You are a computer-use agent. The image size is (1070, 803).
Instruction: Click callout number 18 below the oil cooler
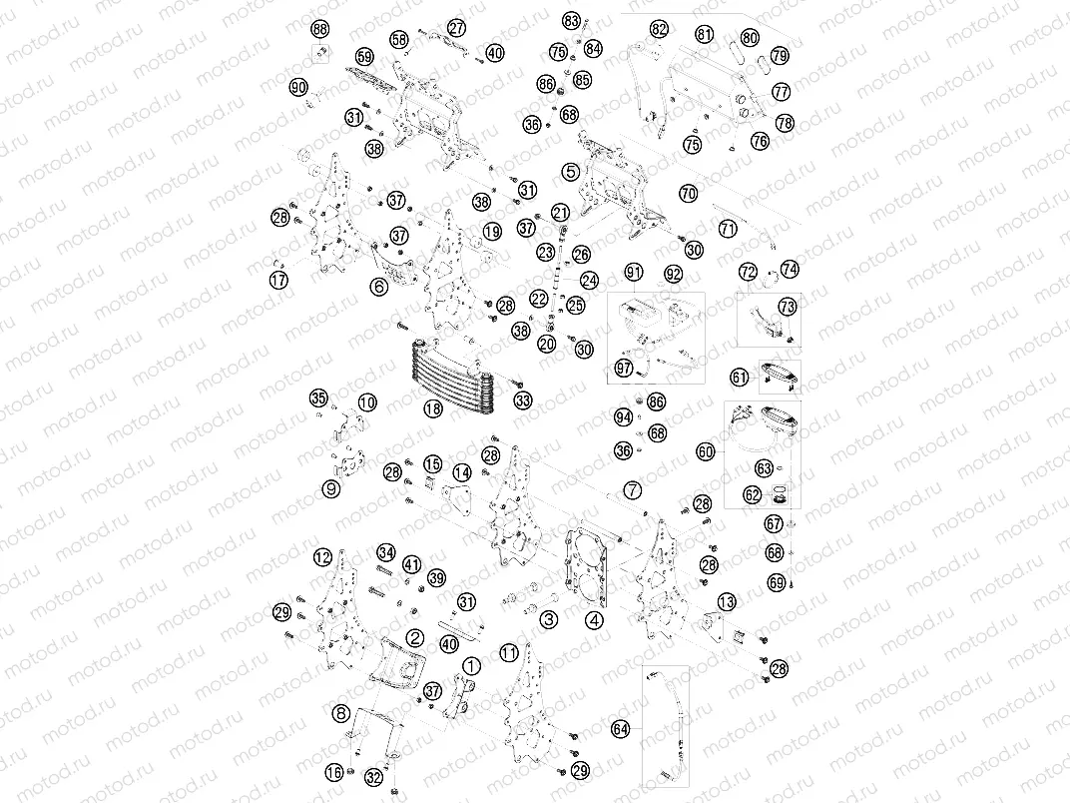(432, 408)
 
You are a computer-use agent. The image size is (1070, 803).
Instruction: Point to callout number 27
(456, 28)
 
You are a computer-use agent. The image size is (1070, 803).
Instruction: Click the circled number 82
(659, 29)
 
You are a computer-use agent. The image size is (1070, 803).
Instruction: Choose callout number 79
(780, 55)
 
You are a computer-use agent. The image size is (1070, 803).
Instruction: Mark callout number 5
(570, 172)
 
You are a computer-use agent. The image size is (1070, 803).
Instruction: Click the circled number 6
(378, 286)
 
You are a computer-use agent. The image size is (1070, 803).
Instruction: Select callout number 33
(524, 401)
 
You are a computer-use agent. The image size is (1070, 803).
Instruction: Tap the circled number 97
(624, 370)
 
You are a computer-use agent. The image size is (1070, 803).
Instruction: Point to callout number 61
(740, 377)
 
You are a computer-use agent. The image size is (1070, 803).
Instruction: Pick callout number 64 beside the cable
(622, 729)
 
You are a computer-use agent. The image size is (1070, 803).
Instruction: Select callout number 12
(321, 556)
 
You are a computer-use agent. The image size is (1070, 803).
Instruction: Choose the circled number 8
(342, 713)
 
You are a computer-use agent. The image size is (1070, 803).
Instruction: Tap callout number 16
(335, 772)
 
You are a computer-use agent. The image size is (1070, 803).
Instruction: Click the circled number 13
(727, 601)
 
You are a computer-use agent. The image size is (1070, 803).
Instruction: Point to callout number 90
(298, 87)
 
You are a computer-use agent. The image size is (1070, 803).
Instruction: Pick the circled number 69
(777, 582)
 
